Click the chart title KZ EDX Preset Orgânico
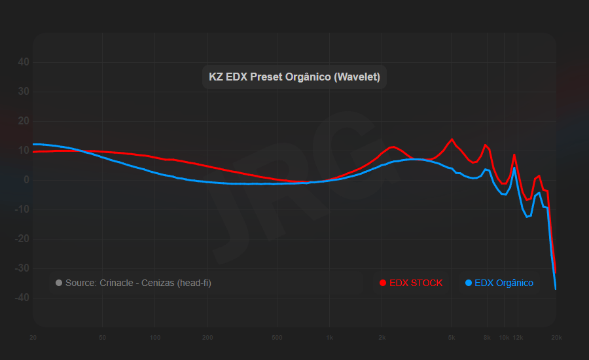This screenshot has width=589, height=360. point(294,77)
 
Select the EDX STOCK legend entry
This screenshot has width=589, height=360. point(416,283)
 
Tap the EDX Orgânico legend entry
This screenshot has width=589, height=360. point(503,283)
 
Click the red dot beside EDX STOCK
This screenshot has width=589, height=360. point(383,283)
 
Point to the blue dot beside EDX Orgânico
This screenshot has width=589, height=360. point(468,283)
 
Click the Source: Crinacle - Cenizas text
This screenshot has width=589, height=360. point(138,283)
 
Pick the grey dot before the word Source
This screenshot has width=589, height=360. point(59,283)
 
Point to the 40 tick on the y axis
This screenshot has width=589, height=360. point(24,62)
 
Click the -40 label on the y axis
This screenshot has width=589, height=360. point(22,298)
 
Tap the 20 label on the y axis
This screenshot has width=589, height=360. point(24,121)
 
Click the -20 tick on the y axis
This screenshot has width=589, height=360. point(22,239)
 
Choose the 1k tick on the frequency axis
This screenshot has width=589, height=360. point(330,338)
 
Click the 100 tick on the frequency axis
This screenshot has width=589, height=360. point(155,338)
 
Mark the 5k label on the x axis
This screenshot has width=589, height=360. point(452,338)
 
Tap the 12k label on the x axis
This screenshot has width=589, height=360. point(518,338)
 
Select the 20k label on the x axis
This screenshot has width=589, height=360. point(556,338)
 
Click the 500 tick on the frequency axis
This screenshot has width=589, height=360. point(277,338)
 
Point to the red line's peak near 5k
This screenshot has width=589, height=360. point(452,139)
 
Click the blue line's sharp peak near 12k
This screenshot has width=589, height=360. point(514,168)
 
